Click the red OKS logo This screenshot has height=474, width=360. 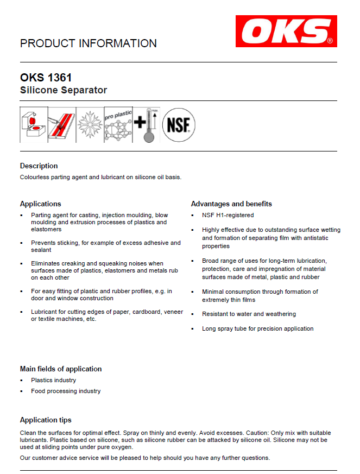(x=286, y=31)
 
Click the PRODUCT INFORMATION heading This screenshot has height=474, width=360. (x=89, y=43)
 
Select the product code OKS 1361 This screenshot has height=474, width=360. (x=46, y=78)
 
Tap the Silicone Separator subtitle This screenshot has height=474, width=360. (x=64, y=90)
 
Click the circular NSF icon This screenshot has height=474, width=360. (x=179, y=125)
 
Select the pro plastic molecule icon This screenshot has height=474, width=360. (x=118, y=125)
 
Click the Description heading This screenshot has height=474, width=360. (x=39, y=166)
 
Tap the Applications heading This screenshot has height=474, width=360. (x=40, y=204)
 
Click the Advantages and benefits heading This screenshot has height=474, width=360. (x=231, y=204)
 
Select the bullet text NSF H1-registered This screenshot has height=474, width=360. (x=228, y=216)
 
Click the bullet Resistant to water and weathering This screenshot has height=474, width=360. (x=249, y=314)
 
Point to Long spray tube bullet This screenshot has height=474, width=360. (x=257, y=328)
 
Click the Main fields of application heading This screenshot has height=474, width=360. (x=61, y=369)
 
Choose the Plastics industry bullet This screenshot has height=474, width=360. (x=53, y=380)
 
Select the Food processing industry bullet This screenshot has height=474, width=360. (x=66, y=391)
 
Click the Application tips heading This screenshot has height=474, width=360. (x=46, y=420)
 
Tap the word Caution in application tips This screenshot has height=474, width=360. (x=203, y=432)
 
